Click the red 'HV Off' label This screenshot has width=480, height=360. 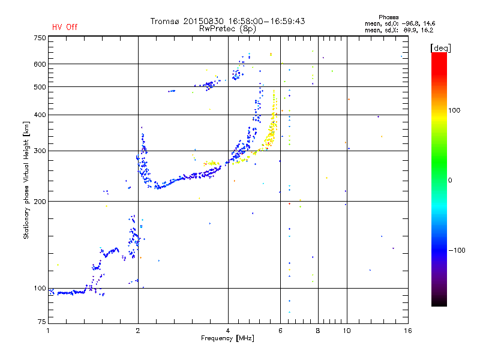point(65,27)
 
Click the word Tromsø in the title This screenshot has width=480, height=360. point(164,21)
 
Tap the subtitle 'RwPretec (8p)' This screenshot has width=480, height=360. point(227,29)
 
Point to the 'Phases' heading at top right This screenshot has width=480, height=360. point(388,17)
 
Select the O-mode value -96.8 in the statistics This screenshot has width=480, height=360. point(410,23)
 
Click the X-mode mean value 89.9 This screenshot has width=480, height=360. point(410,30)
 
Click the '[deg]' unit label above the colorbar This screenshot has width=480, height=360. point(440,48)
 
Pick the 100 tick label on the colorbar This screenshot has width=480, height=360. point(454,110)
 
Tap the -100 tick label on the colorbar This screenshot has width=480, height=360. point(457,250)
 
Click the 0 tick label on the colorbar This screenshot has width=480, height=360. point(450,181)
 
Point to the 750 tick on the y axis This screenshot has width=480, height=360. point(40,38)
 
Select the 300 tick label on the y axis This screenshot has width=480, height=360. point(40,151)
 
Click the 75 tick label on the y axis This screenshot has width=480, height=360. point(42,322)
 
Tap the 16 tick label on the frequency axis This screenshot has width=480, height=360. point(408,331)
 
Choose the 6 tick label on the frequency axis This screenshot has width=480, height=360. point(280,331)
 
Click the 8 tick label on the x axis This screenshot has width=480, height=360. point(318,331)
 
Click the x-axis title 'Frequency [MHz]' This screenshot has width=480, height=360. point(227,338)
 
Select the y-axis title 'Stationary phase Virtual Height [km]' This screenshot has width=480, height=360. point(26,180)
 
